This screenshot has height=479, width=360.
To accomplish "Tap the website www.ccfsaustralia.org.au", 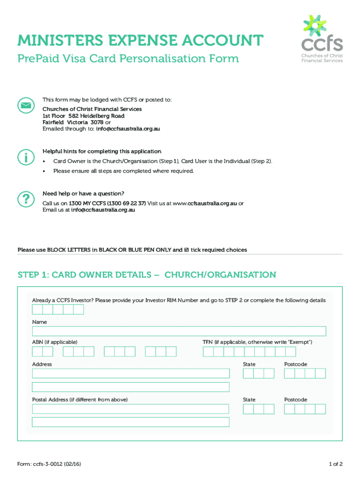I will [x=205, y=203].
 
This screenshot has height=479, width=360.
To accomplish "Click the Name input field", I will [x=179, y=331].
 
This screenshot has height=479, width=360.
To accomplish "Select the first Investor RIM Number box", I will [x=37, y=309].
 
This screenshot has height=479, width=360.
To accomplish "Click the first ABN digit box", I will [x=37, y=351].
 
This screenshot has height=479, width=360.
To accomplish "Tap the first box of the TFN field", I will [x=208, y=351].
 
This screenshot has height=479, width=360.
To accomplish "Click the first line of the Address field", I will [x=130, y=373].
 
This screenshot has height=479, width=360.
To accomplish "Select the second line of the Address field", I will [x=130, y=387].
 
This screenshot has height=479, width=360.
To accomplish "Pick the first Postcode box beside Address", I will [x=289, y=373].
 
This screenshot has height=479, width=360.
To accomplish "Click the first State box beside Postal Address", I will [x=248, y=409].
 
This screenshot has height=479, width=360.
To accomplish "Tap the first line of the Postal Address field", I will [x=130, y=409].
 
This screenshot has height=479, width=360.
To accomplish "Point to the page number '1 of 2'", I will [x=336, y=464].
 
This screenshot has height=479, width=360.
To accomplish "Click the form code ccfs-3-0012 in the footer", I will [x=51, y=464].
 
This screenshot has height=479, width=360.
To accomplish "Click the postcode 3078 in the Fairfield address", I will [x=97, y=122].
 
